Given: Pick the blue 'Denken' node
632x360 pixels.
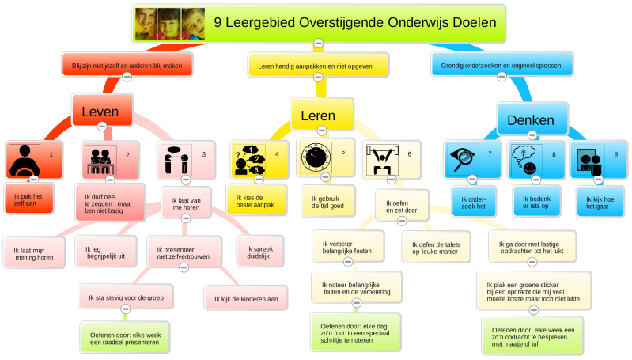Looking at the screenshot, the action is tap(530, 120).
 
